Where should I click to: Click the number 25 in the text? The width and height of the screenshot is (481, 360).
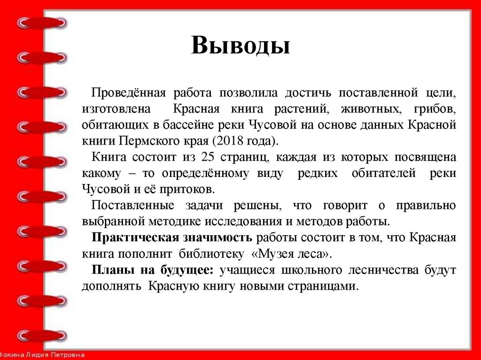[208, 157]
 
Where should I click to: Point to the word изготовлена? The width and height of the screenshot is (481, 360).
[116, 109]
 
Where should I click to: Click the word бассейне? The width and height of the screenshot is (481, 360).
[181, 125]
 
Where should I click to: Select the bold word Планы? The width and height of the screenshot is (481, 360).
[111, 270]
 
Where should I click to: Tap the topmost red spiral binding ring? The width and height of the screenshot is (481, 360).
[42, 23]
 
